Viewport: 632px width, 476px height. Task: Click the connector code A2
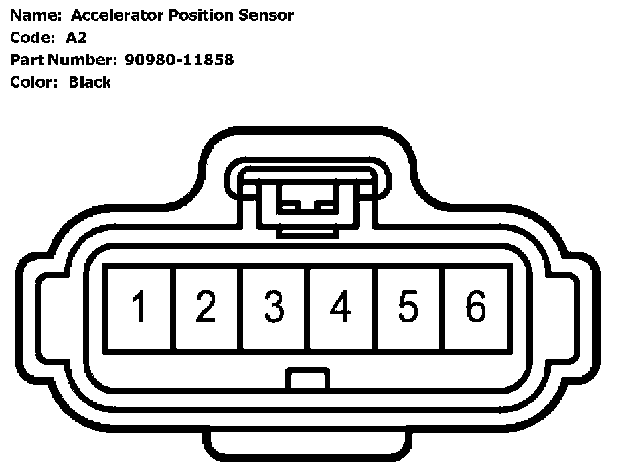pyautogui.click(x=76, y=38)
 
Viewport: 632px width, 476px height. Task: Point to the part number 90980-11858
pyautogui.click(x=179, y=60)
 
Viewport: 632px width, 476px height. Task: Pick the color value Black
pyautogui.click(x=90, y=82)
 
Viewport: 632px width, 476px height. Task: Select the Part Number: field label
pyautogui.click(x=63, y=60)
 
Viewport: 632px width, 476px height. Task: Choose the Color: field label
pyautogui.click(x=34, y=82)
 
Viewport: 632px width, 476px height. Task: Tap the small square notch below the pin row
pyautogui.click(x=308, y=380)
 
